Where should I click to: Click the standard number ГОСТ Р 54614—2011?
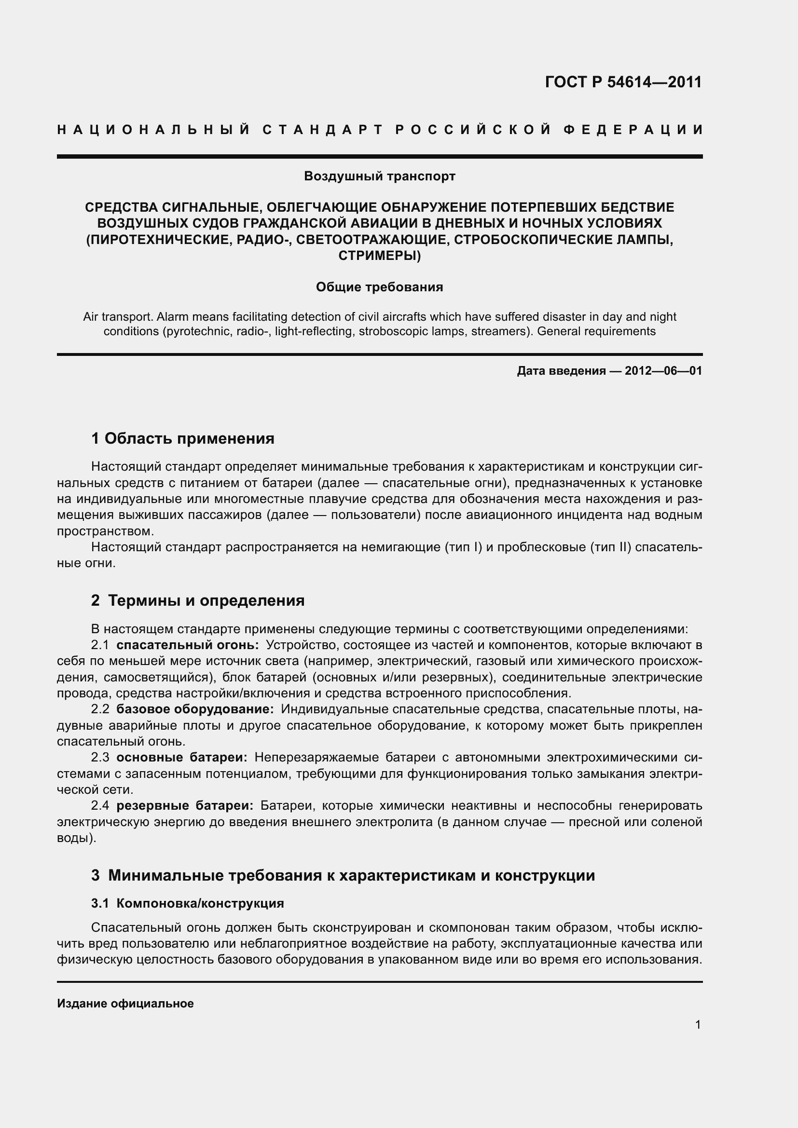(623, 82)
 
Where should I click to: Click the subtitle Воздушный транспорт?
(379, 176)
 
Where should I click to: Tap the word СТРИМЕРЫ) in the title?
(379, 256)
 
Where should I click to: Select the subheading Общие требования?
(379, 287)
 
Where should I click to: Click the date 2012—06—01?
(663, 371)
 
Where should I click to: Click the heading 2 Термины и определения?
(197, 600)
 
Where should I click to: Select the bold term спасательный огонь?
(188, 645)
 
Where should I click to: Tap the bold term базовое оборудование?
(195, 709)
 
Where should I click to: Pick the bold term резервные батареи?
(185, 806)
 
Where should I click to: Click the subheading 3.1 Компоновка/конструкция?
(188, 903)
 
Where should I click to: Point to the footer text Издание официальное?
(125, 1004)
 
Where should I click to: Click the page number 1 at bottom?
(698, 1025)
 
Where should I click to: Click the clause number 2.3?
(100, 758)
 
